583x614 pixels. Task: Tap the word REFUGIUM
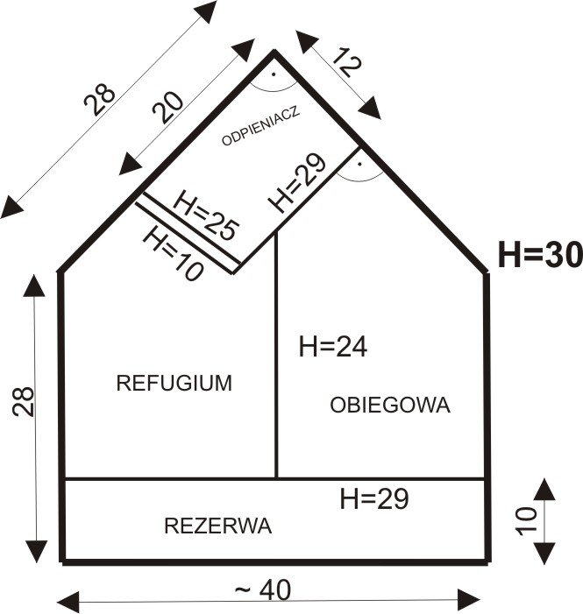click(174, 383)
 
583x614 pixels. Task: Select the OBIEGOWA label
click(390, 405)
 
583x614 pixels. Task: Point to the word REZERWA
click(217, 526)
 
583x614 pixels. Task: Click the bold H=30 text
click(539, 255)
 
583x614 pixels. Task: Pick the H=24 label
click(332, 347)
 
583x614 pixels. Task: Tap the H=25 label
click(206, 214)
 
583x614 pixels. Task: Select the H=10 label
click(172, 252)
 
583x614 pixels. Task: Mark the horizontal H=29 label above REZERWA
click(373, 498)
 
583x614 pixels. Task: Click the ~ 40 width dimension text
click(262, 591)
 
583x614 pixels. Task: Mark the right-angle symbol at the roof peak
click(274, 78)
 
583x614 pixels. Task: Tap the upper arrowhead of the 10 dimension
click(544, 487)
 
